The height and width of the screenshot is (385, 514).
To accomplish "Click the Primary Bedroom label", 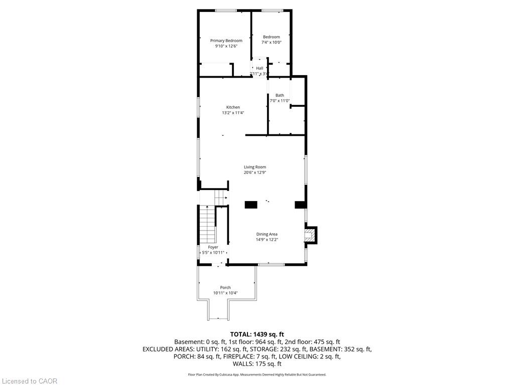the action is click(226, 41).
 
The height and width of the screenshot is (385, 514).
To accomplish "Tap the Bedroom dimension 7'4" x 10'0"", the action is click(272, 42).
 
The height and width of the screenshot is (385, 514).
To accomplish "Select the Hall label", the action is click(260, 68).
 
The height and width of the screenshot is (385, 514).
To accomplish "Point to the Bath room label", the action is click(280, 95).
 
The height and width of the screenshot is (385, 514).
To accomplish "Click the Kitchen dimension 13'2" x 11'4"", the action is click(233, 113).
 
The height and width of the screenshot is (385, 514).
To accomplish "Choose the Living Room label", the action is click(254, 167).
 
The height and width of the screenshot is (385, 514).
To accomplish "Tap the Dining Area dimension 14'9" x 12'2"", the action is click(267, 240).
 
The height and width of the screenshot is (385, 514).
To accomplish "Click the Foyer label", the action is click(213, 247).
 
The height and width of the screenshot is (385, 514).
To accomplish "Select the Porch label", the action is click(225, 287).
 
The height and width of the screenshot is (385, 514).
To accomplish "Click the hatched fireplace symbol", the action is click(309, 235).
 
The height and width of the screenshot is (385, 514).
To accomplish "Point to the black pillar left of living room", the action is click(251, 205).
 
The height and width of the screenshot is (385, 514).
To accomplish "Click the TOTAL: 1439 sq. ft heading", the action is click(257, 334).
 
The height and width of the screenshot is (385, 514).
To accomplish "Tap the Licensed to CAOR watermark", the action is click(30, 381).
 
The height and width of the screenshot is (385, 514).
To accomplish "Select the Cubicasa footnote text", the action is click(257, 374).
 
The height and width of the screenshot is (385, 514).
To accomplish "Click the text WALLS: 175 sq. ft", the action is click(257, 364).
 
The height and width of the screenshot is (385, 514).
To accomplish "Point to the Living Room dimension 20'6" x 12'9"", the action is click(254, 172).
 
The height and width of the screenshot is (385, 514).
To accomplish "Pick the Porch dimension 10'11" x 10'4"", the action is click(225, 293).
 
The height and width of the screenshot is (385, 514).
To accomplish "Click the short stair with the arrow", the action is click(221, 198).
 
